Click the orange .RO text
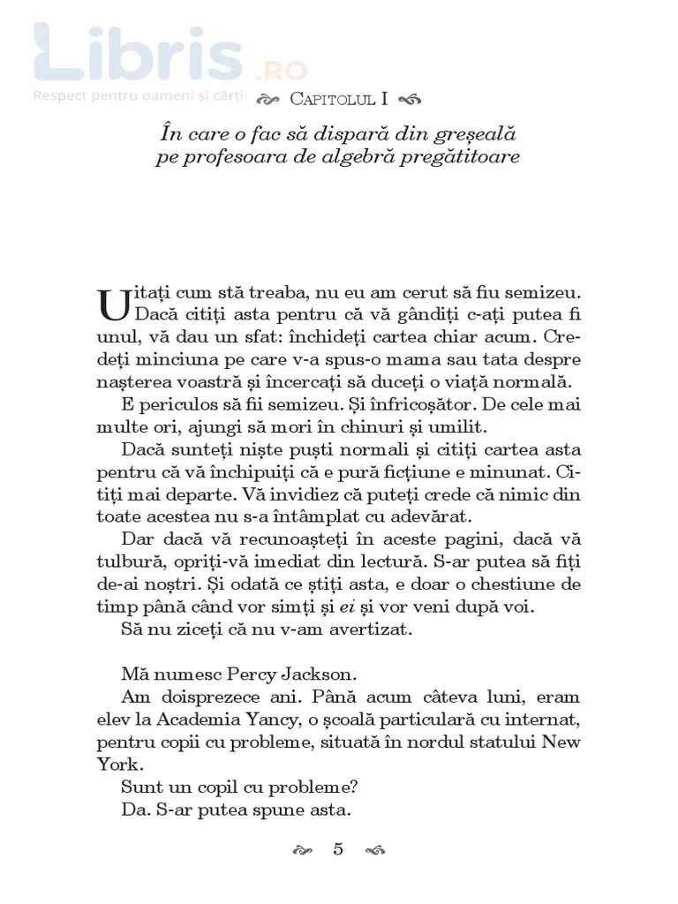[281, 71]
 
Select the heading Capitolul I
[339, 98]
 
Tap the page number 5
[338, 849]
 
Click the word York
[118, 765]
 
